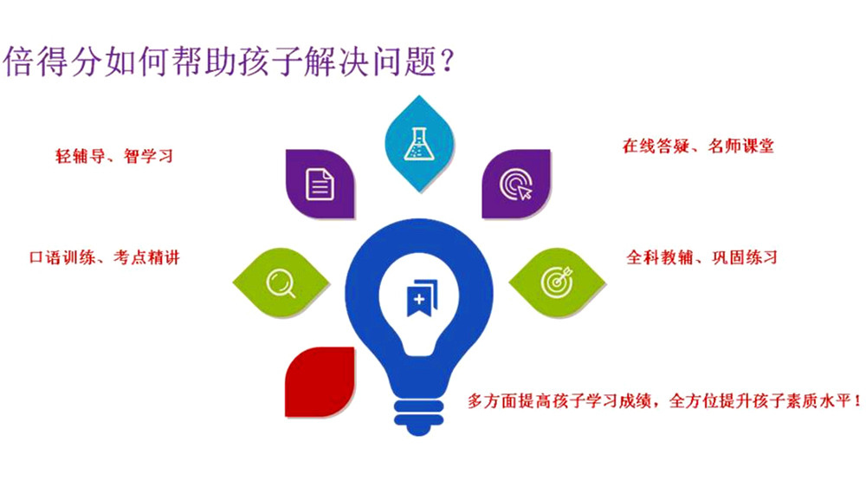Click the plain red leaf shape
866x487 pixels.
[319, 380]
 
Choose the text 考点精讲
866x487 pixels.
[148, 257]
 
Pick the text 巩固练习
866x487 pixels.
[744, 257]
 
